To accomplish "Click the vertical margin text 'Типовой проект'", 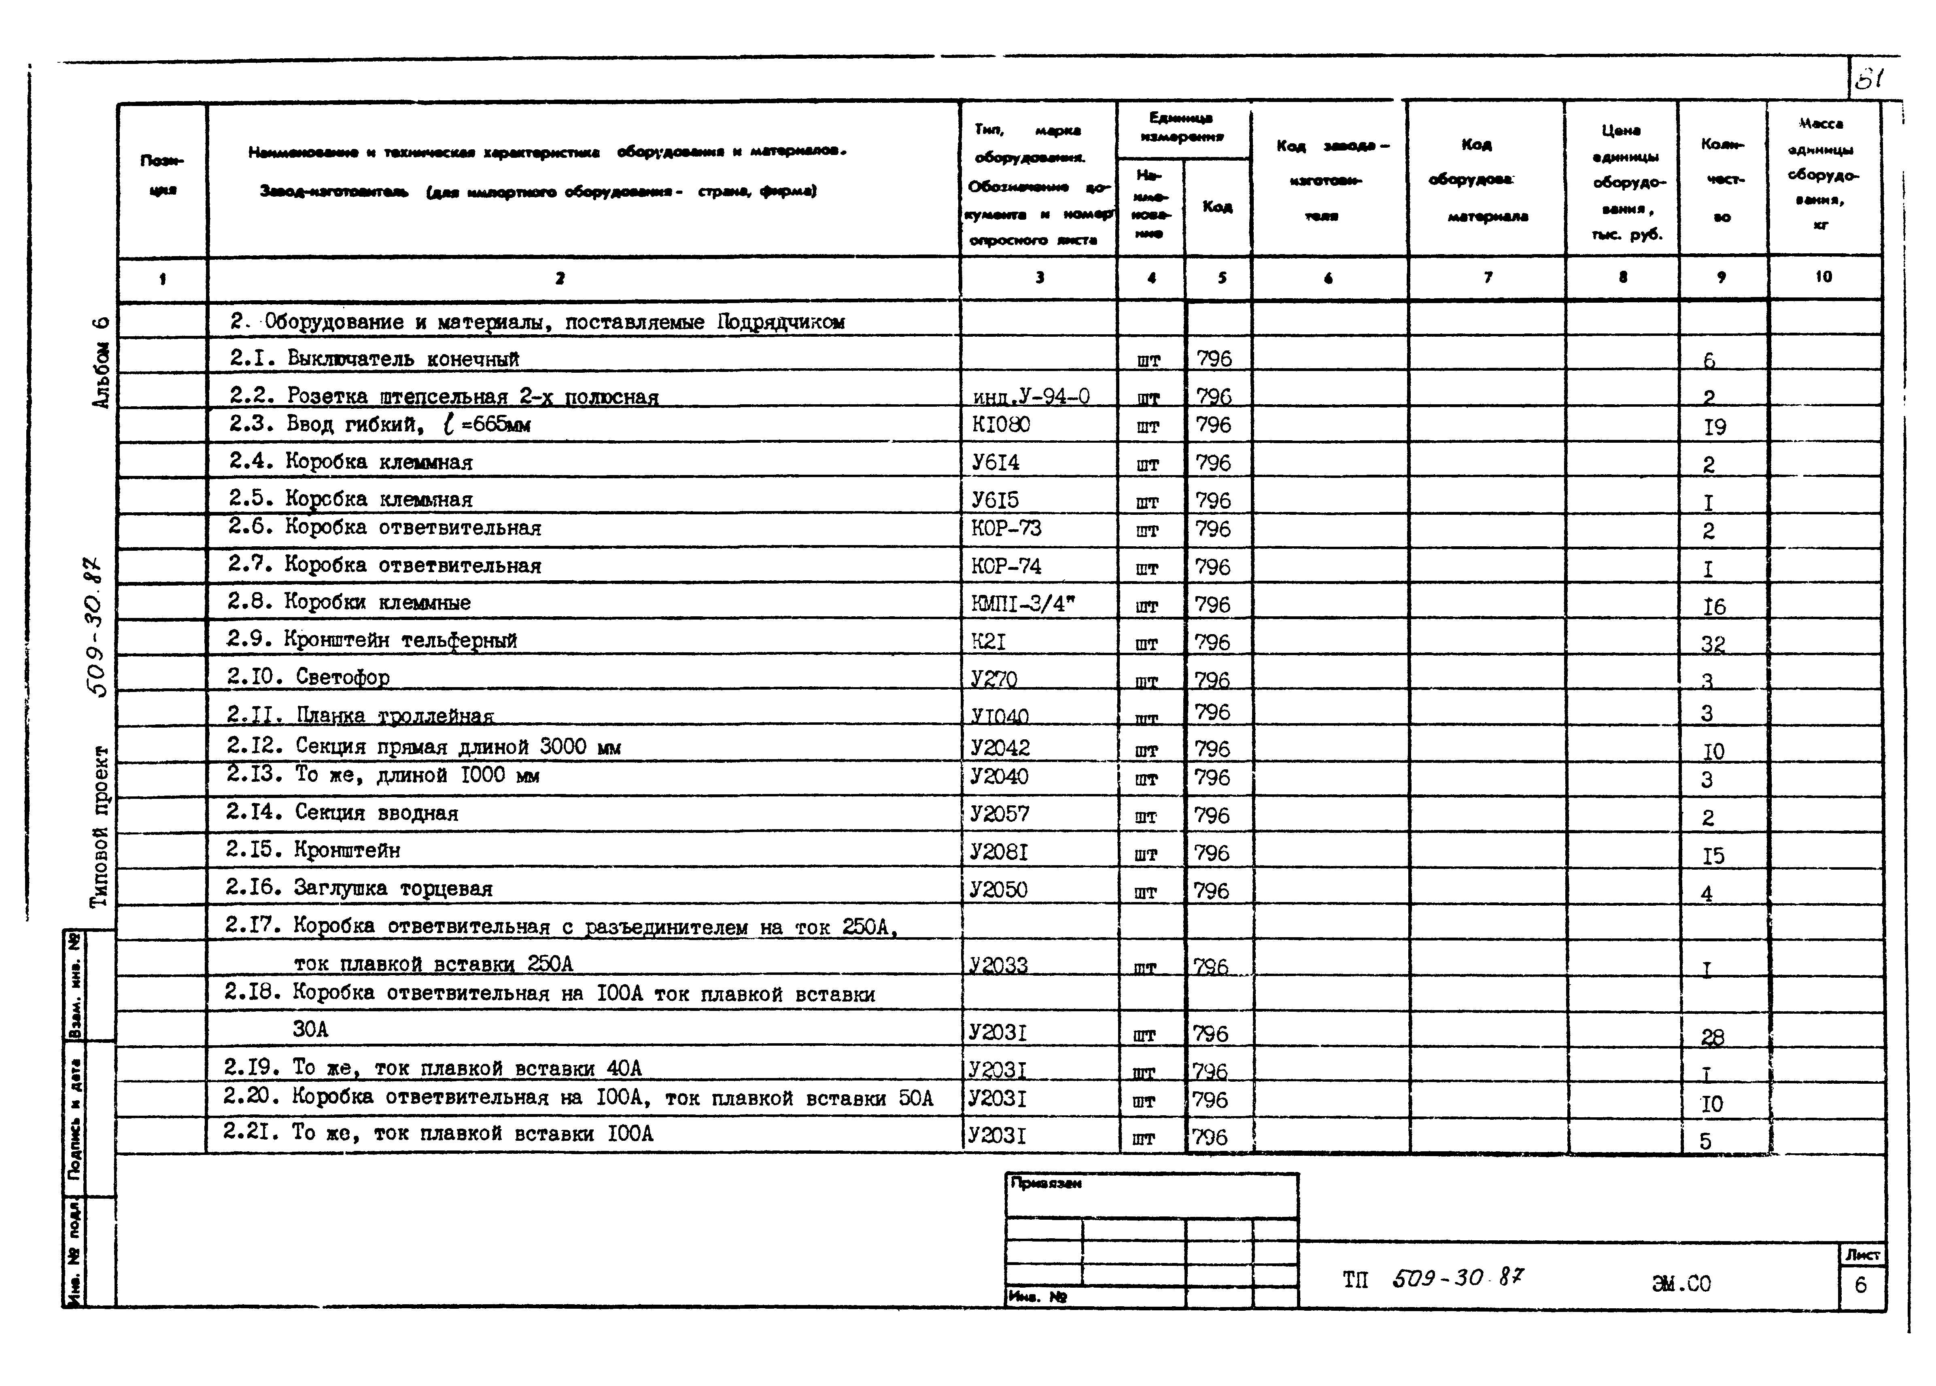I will [101, 826].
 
